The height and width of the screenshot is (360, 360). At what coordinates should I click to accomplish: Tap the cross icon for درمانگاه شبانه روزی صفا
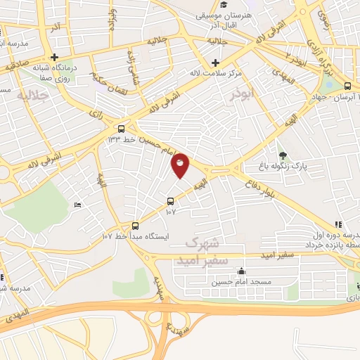click(x=54, y=58)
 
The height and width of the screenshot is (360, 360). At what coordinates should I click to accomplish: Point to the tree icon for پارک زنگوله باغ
click(x=283, y=155)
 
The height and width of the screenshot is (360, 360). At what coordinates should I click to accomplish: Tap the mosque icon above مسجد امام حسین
click(x=242, y=271)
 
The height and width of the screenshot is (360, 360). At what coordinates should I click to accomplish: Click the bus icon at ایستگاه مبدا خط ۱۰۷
click(x=136, y=226)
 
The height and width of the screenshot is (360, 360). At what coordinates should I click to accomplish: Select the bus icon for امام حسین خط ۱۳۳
click(x=122, y=129)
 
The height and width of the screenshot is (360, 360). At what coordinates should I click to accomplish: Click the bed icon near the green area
click(x=77, y=205)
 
